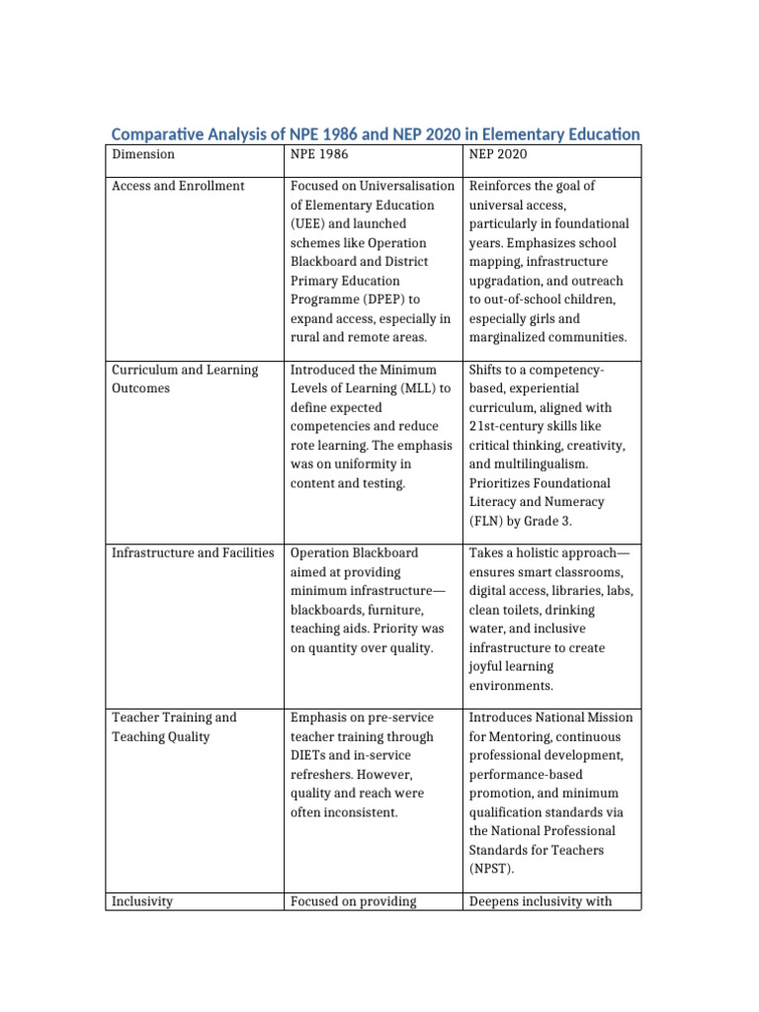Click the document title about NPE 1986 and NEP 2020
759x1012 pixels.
tap(375, 133)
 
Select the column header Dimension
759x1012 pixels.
tap(143, 154)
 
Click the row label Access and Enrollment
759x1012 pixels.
tap(179, 186)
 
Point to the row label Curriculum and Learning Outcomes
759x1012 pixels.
tap(184, 379)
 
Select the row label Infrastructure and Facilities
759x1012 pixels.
tap(193, 552)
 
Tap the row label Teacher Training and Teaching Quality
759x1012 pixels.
tap(174, 726)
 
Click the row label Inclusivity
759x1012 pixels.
tap(143, 901)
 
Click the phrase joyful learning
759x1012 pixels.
tap(512, 667)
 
